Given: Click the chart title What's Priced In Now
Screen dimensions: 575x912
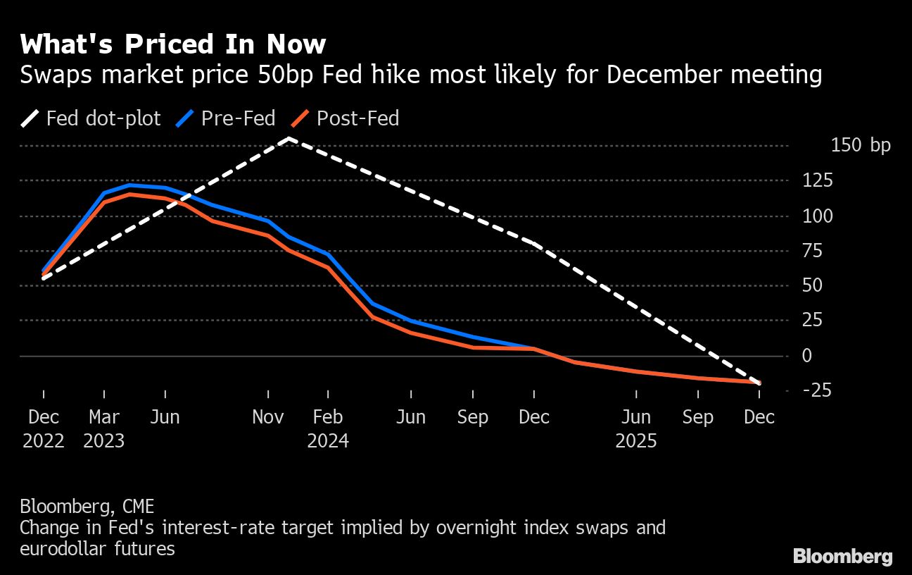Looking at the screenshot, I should (173, 44).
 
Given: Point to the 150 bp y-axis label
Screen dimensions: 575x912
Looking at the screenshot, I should (860, 146).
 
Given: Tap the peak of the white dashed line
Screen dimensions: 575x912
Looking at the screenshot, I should (289, 138).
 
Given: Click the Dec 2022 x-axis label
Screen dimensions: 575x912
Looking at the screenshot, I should (44, 428).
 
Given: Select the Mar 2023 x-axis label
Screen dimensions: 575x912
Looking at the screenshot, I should (104, 428).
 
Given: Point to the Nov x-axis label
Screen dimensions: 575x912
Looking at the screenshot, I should (268, 417).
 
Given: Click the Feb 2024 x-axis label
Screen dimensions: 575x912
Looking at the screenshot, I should (328, 428).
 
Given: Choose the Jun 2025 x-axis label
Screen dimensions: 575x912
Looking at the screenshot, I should (636, 428).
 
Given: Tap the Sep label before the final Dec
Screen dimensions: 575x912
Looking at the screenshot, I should (697, 417).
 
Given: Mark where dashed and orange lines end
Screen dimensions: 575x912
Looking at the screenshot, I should (759, 383).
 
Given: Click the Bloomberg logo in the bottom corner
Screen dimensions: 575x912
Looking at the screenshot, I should (842, 556).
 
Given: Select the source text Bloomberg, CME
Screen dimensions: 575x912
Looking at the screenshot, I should (87, 506).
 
